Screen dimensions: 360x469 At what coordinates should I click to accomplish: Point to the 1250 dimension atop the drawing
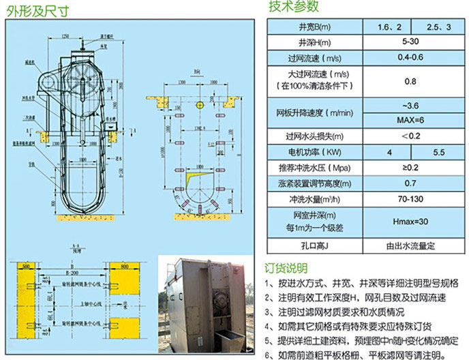[x=65, y=35]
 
